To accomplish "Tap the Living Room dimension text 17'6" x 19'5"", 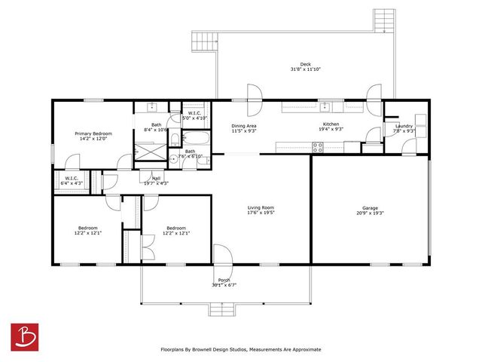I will click(261, 213).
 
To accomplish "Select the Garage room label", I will click(369, 207).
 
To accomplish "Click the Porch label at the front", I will click(224, 279).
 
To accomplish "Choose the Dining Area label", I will click(244, 125).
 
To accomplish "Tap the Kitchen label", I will click(331, 124).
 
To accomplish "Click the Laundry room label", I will click(404, 126).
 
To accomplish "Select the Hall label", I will click(156, 178).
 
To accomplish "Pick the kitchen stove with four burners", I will click(317, 148).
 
